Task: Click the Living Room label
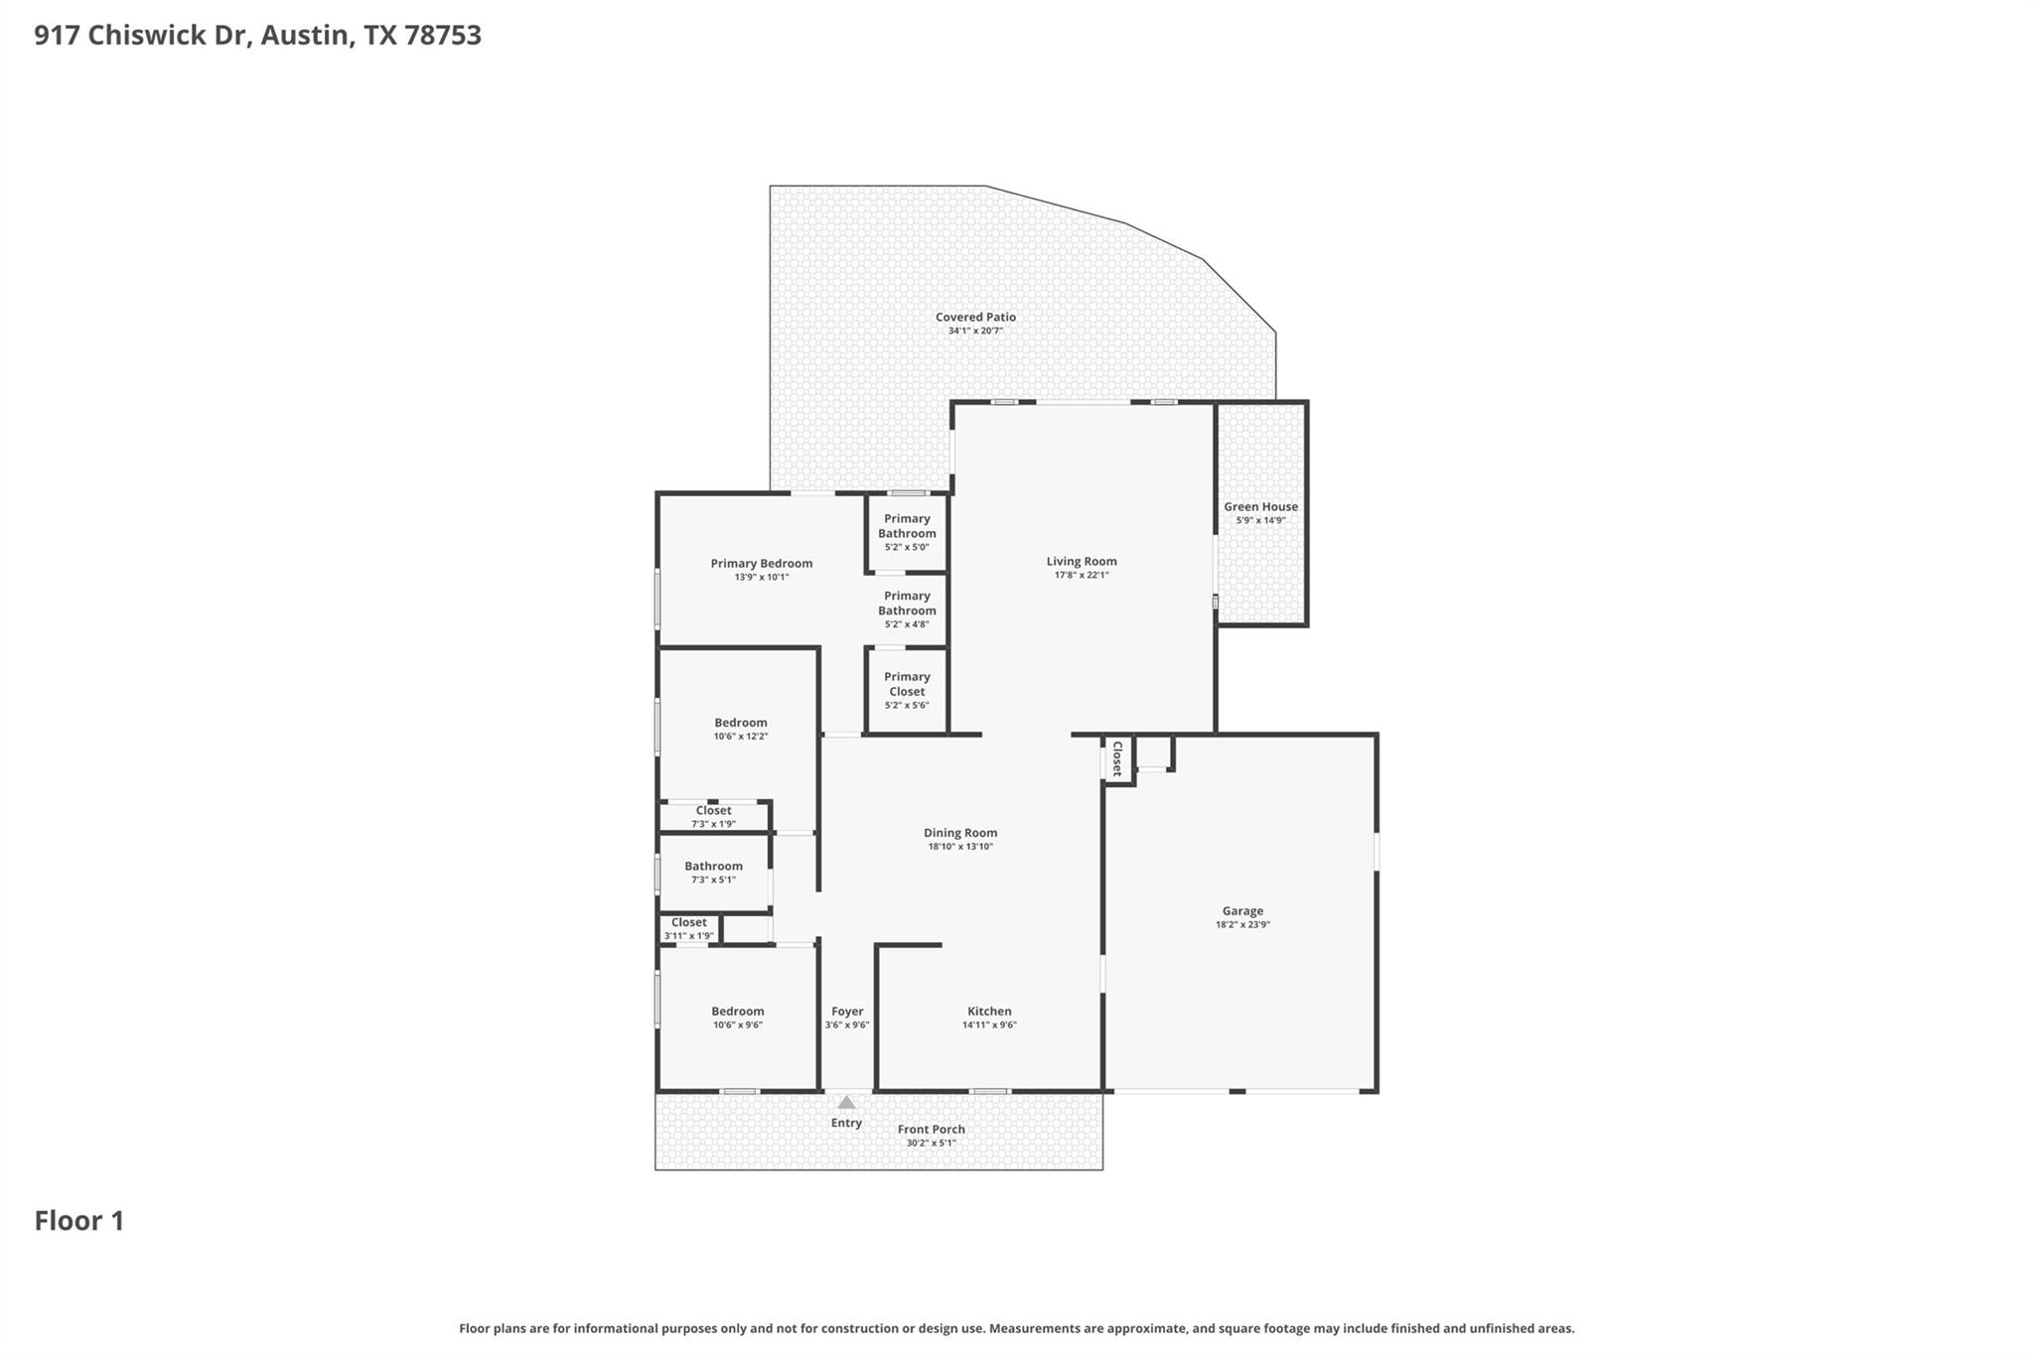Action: tap(1081, 561)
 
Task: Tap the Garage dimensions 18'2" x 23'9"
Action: tap(1242, 924)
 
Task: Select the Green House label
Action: tap(1260, 506)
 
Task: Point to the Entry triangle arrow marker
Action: tap(846, 1102)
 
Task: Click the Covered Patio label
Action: tap(975, 317)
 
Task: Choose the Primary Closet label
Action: tap(906, 684)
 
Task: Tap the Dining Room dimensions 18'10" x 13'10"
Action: tap(959, 847)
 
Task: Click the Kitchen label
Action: tap(989, 1011)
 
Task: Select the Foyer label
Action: tap(847, 1011)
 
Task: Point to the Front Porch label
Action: tap(931, 1129)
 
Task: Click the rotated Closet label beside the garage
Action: tap(1116, 758)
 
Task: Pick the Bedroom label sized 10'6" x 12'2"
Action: tap(740, 722)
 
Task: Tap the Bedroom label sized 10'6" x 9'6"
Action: tap(737, 1011)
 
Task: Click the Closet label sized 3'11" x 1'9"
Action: tap(688, 922)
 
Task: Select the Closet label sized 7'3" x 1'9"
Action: tap(713, 810)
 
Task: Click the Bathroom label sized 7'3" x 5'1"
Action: tap(713, 866)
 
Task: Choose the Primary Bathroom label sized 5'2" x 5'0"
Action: tap(906, 525)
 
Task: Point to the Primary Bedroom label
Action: tap(761, 563)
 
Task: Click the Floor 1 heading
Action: tap(79, 1221)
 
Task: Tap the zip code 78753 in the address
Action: tap(442, 36)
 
